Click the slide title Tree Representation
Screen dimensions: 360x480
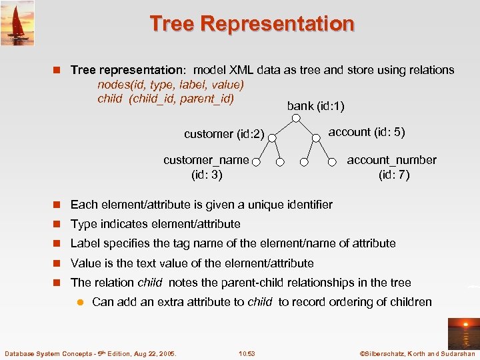pos(252,24)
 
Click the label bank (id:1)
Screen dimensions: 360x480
pos(315,106)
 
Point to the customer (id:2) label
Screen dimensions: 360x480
pos(224,134)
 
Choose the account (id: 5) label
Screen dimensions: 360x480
pos(366,132)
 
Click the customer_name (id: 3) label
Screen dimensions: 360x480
pos(206,167)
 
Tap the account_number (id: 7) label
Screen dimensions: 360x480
pos(392,167)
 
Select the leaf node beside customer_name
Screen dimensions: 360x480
pos(256,161)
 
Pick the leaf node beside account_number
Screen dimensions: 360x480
pos(332,161)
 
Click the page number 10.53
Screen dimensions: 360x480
pos(247,353)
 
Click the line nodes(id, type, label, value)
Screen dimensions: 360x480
pos(171,85)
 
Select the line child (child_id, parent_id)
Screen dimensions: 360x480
pos(165,99)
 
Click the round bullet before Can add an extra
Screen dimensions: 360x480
pos(80,302)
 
